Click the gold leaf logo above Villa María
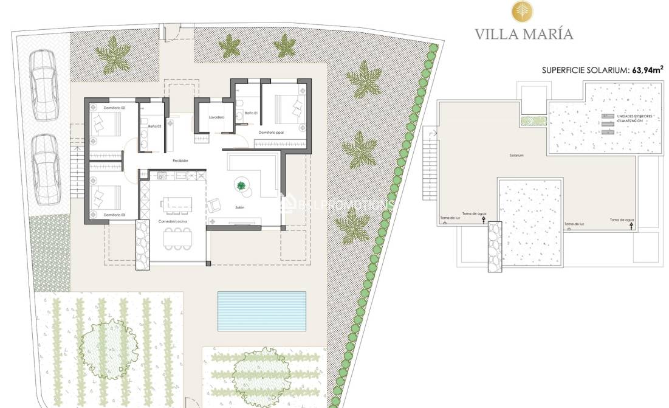tap(522, 11)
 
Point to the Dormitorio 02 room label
tap(114, 108)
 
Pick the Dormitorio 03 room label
tap(114, 215)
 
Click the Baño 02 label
tap(154, 126)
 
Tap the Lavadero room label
tap(216, 117)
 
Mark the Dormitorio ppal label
tap(271, 132)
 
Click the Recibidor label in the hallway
tap(180, 161)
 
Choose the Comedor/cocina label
tap(173, 222)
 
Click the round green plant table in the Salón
tap(242, 186)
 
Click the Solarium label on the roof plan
tap(517, 156)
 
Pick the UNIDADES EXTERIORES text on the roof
tap(630, 116)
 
